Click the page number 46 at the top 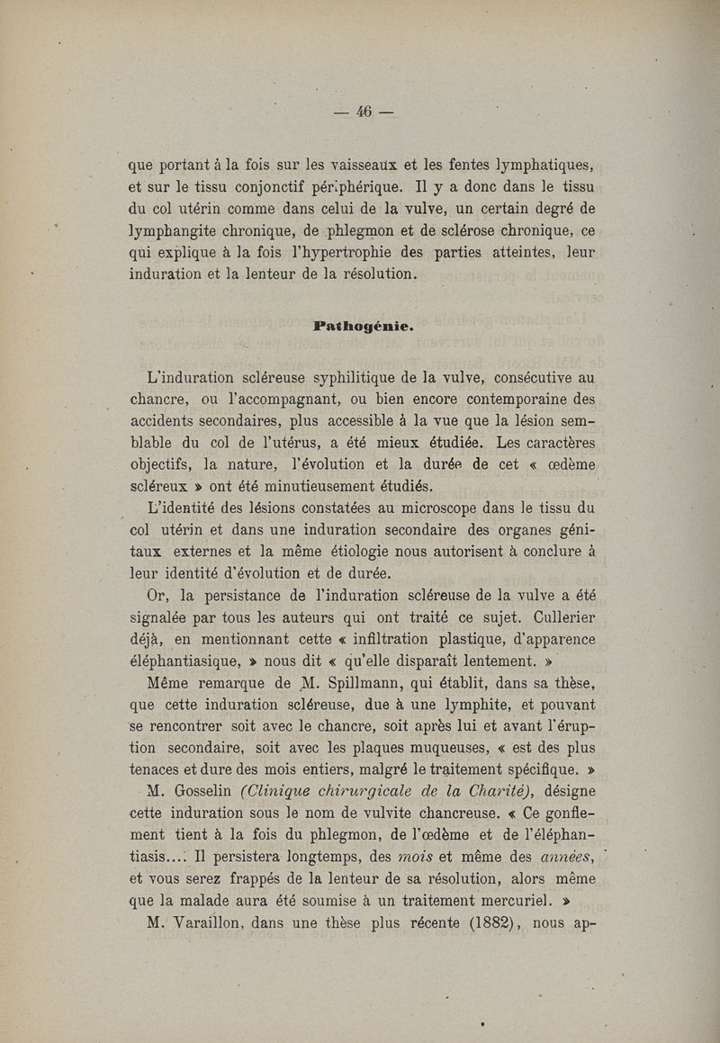[364, 112]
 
